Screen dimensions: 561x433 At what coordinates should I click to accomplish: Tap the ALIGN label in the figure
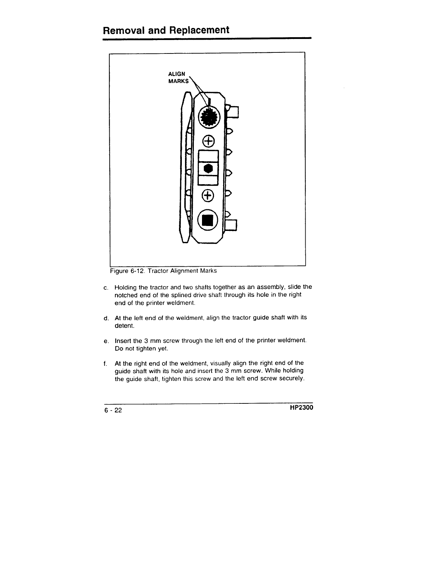176,74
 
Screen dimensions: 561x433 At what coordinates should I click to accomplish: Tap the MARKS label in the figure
179,81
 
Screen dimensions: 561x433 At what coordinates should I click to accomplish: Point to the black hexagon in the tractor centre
209,169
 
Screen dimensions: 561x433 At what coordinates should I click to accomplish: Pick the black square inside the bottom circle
209,220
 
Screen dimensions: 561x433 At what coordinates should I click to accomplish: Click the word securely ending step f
290,379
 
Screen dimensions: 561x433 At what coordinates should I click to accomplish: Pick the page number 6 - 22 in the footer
113,410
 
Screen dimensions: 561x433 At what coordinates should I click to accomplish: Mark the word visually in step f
221,363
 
